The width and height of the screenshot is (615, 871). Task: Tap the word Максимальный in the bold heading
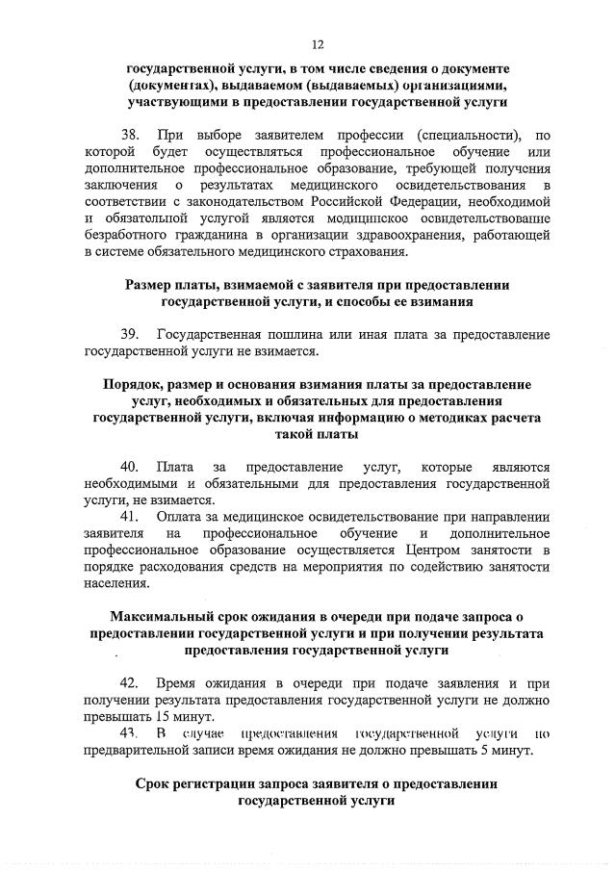163,617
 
